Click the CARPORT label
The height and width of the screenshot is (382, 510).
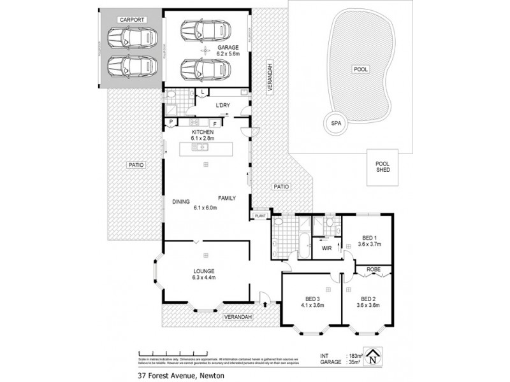click(x=133, y=20)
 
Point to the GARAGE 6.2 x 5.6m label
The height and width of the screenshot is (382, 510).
click(x=228, y=52)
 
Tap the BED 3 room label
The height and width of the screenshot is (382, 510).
click(x=312, y=302)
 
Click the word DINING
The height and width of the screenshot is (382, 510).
click(x=181, y=202)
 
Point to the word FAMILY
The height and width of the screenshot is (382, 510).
click(x=227, y=198)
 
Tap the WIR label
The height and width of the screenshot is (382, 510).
click(x=326, y=248)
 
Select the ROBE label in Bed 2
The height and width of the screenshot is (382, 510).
click(x=373, y=269)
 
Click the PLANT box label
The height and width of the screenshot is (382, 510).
click(x=260, y=216)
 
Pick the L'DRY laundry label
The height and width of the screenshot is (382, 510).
click(x=222, y=105)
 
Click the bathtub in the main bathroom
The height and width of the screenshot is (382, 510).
click(x=303, y=247)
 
